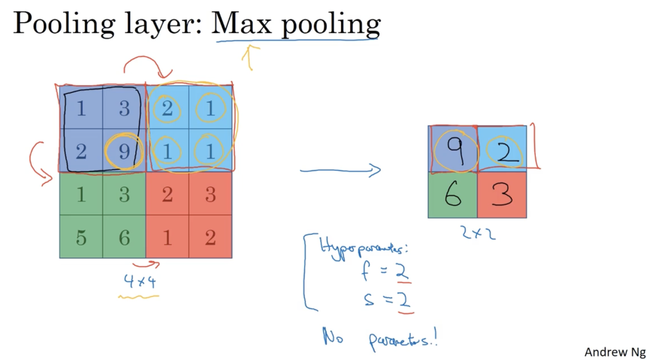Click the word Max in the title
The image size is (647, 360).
point(241,24)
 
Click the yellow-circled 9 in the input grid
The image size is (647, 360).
point(124,151)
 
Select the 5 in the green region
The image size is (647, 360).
point(81,237)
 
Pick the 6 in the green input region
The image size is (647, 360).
point(124,237)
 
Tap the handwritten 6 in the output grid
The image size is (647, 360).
point(453,195)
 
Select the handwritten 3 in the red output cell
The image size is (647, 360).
point(502,195)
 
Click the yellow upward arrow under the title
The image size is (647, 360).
point(250,57)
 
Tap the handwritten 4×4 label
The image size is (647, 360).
point(140,281)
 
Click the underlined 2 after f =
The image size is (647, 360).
point(402,271)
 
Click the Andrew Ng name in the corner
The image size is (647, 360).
point(615,352)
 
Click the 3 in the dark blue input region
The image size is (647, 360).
point(124,108)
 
